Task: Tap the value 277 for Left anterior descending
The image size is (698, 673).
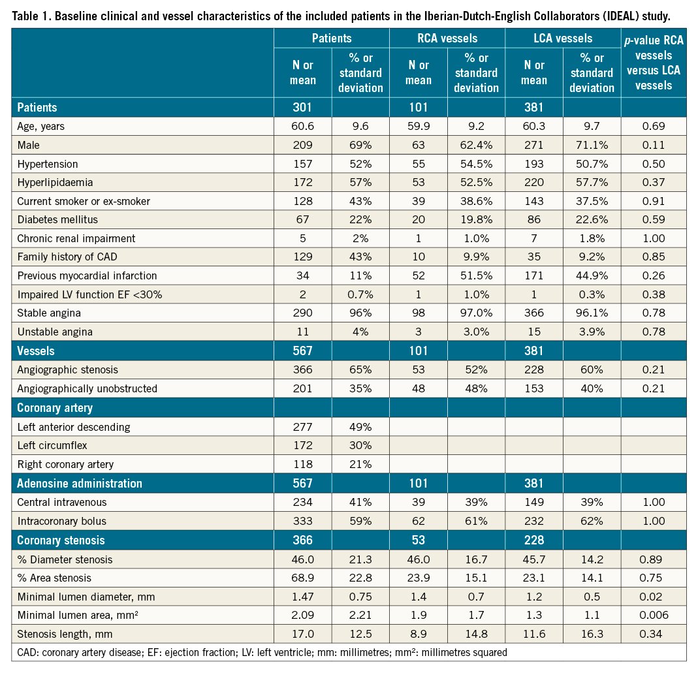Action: click(303, 428)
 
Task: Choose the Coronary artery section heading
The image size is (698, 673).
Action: click(56, 408)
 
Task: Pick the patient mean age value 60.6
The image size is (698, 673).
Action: click(303, 126)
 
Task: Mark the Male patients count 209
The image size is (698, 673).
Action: click(303, 144)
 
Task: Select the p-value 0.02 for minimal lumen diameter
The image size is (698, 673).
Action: click(653, 596)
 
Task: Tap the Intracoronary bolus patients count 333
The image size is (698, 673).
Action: click(303, 522)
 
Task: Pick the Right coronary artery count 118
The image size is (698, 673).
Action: click(303, 464)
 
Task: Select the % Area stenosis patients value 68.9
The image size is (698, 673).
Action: click(303, 578)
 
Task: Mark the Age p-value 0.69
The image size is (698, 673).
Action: click(653, 126)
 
